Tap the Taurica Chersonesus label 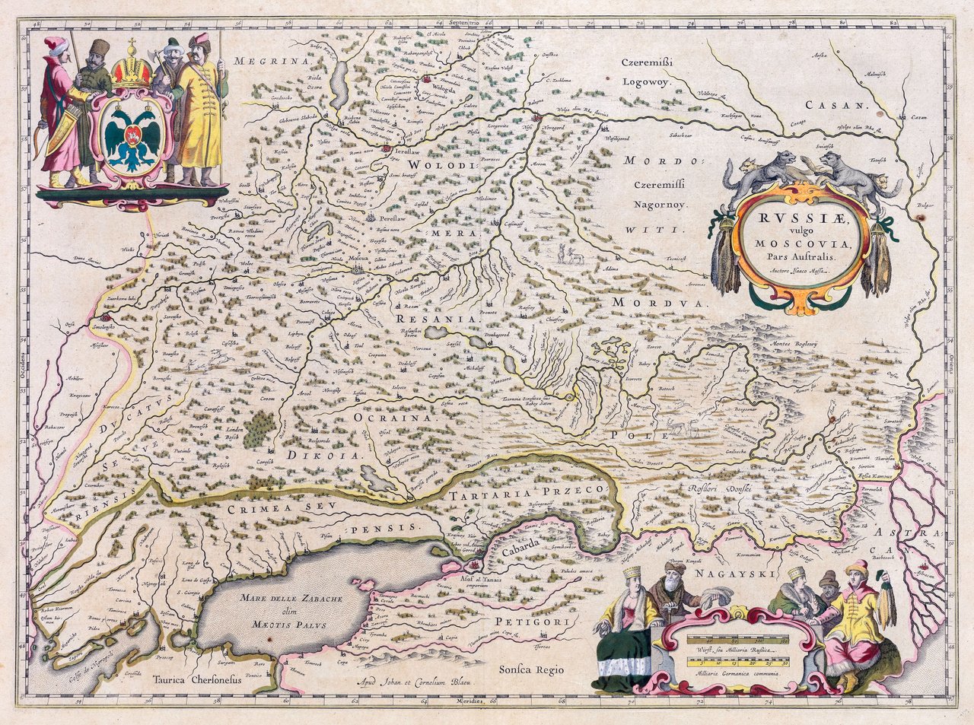click(196, 680)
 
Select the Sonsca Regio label click(531, 669)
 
